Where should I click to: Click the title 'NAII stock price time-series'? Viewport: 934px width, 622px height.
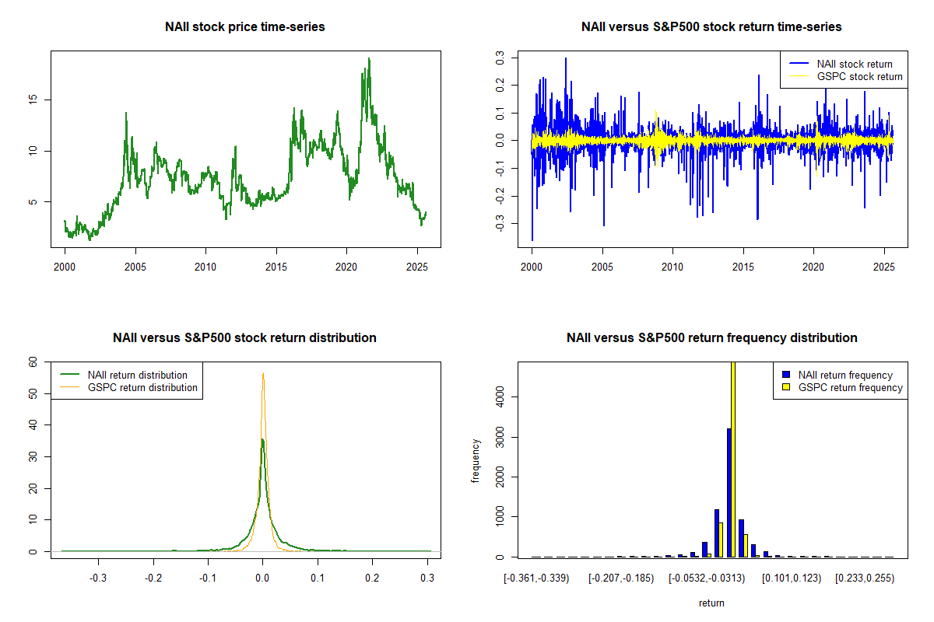pyautogui.click(x=245, y=27)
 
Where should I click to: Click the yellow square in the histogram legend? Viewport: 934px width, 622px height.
pyautogui.click(x=787, y=387)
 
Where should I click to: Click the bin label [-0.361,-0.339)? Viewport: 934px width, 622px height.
pyautogui.click(x=536, y=578)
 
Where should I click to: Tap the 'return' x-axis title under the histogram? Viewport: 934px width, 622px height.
pyautogui.click(x=711, y=603)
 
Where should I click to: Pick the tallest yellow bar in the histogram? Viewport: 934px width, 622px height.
pyautogui.click(x=733, y=459)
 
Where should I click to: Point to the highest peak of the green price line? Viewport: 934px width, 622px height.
pyautogui.click(x=369, y=59)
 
